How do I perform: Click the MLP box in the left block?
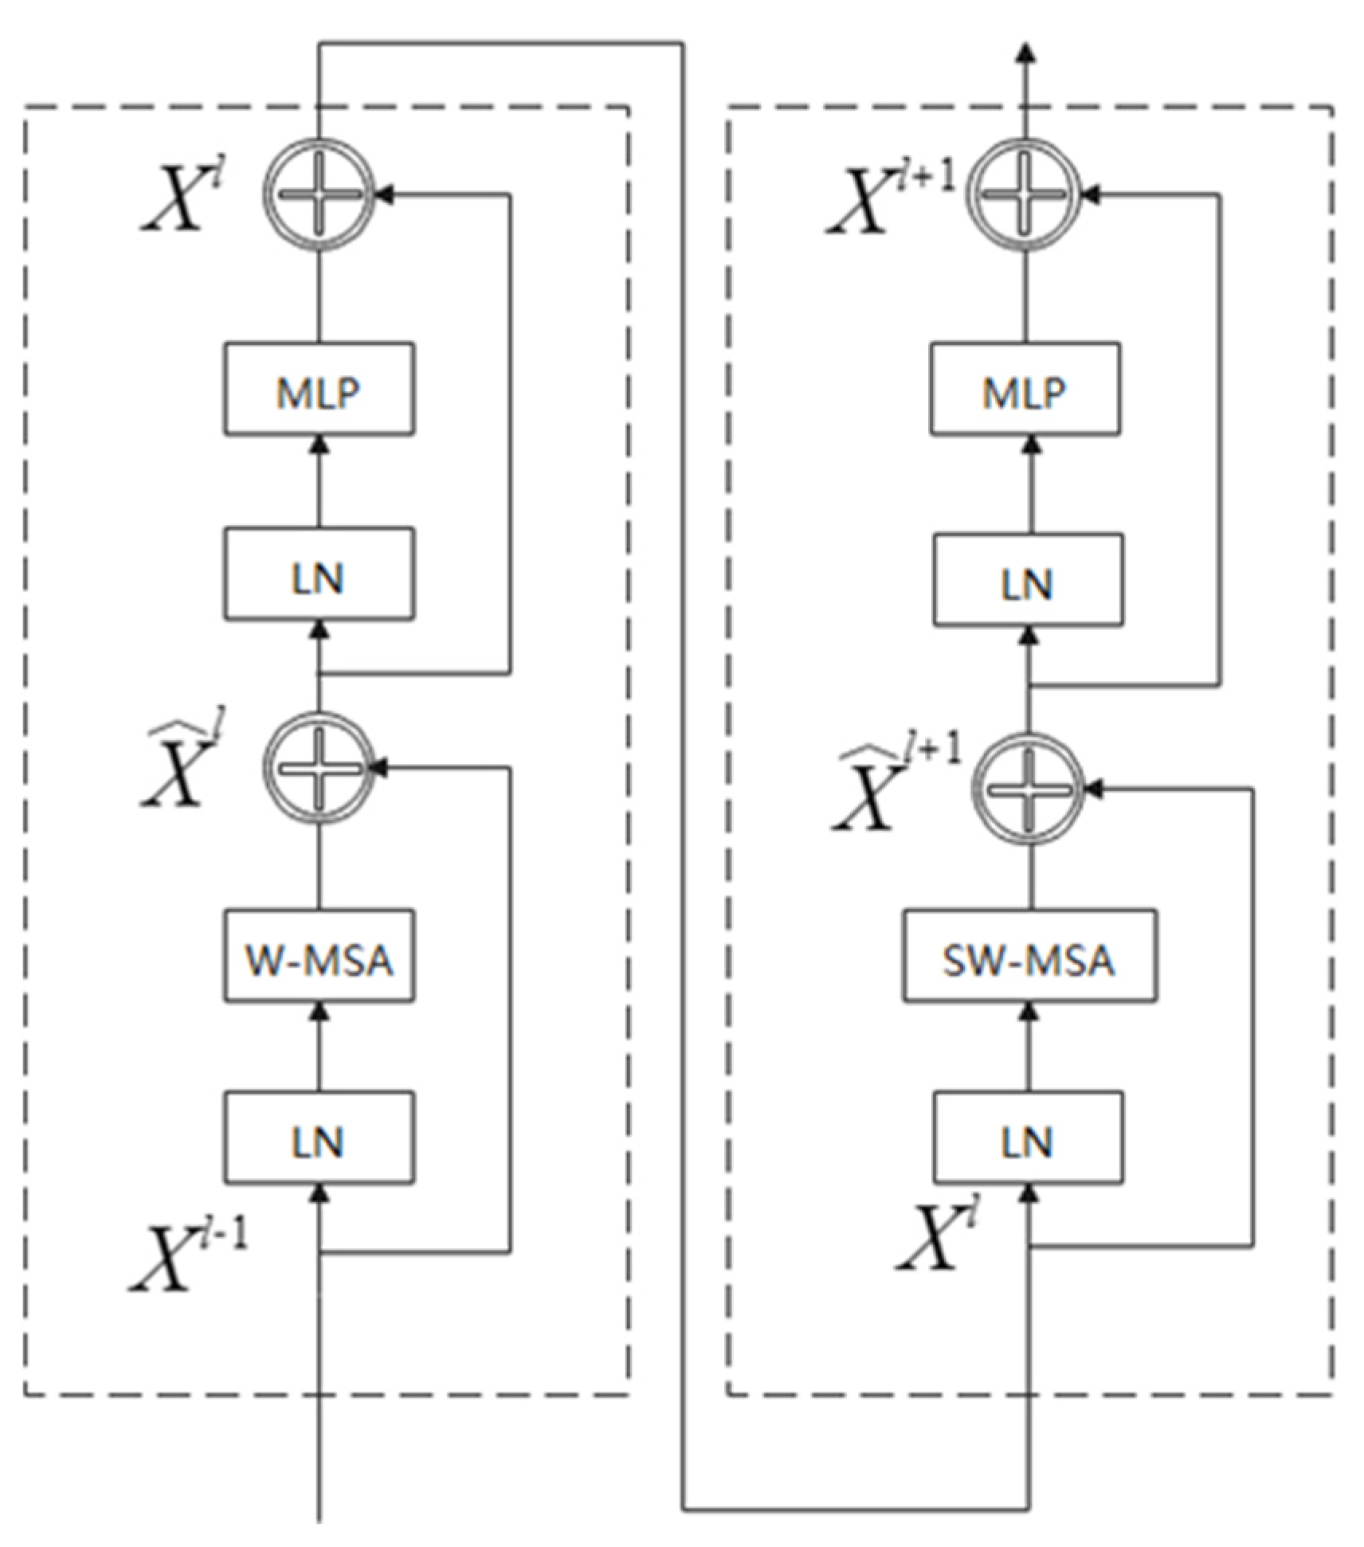319,390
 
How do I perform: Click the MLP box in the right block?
1025,390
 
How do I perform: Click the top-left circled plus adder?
319,194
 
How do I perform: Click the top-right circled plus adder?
1025,194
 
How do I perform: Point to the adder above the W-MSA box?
319,767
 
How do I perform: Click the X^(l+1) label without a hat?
888,199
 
